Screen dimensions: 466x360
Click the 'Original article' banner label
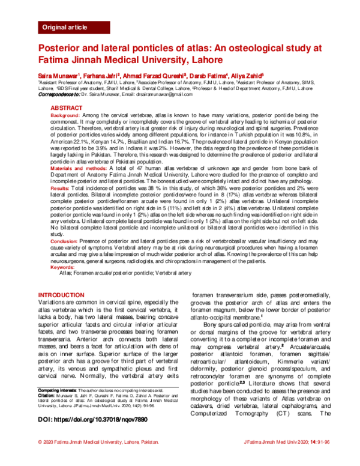click(x=64, y=28)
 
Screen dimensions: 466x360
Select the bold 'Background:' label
click(x=64, y=114)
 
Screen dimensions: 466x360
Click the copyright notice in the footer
click(x=98, y=458)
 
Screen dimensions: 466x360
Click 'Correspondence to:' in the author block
click(x=61, y=95)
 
